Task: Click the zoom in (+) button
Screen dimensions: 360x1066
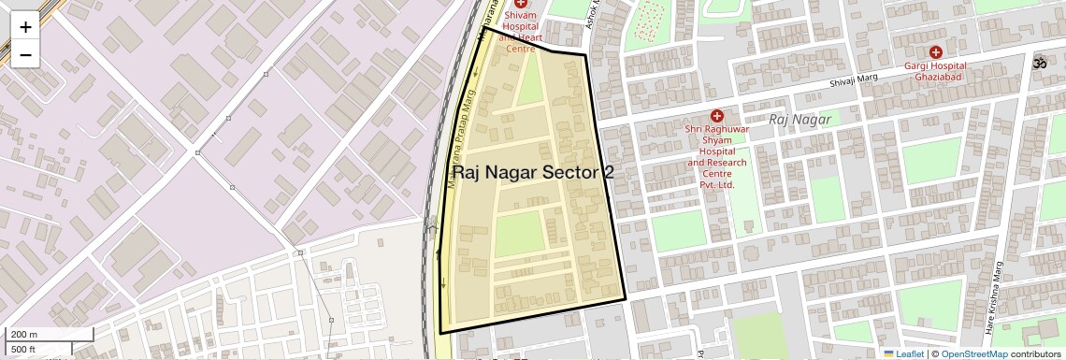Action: [25, 27]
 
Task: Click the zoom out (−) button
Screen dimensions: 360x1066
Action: [25, 55]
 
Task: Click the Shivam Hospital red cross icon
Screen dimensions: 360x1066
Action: [521, 5]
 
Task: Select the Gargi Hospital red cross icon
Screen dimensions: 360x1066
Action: [935, 52]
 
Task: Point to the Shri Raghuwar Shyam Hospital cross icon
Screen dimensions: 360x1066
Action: [717, 116]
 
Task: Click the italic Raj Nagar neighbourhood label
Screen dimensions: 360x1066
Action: [799, 120]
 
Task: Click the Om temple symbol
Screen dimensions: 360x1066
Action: [1036, 65]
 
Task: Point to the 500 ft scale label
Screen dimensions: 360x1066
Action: [24, 349]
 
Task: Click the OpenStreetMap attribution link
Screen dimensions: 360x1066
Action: [973, 354]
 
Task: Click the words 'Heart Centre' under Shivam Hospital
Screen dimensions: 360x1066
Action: [521, 42]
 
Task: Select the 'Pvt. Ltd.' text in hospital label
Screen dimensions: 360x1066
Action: [717, 185]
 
